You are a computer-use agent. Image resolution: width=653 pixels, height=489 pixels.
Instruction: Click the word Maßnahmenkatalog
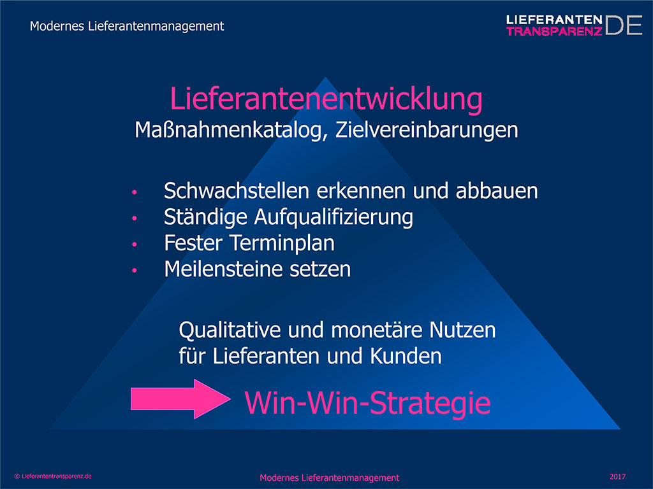[228, 130]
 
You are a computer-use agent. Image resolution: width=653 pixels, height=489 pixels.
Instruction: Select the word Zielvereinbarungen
[427, 130]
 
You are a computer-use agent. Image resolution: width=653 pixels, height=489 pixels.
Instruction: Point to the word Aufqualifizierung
[334, 218]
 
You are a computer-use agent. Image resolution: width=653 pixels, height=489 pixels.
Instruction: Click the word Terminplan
[282, 243]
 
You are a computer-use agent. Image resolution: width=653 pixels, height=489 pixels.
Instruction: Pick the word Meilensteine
[223, 269]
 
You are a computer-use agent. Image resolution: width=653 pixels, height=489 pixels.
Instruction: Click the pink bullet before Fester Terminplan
[134, 244]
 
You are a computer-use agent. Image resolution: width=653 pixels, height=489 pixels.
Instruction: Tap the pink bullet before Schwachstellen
[134, 192]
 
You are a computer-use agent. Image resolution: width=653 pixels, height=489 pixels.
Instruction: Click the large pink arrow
[180, 399]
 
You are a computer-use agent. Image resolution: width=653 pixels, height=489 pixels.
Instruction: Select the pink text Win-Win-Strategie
[367, 403]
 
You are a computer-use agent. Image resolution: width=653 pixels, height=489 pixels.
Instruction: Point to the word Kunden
[406, 357]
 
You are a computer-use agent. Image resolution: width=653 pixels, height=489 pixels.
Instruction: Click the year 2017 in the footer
[617, 476]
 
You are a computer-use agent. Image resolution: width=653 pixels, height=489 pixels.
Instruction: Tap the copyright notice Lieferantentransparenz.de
[53, 476]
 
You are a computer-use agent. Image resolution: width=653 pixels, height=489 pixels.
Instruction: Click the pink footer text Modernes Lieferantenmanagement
[330, 478]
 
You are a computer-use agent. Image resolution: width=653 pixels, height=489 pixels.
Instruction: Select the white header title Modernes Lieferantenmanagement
[127, 26]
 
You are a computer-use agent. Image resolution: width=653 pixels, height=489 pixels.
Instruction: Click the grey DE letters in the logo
[624, 25]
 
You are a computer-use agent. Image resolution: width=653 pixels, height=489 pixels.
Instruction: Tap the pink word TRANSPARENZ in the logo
[554, 31]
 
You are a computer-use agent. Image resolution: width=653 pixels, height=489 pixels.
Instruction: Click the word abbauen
[497, 191]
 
